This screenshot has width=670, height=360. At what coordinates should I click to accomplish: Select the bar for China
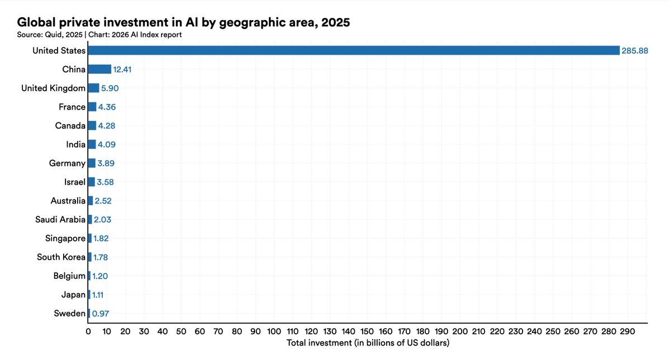99,69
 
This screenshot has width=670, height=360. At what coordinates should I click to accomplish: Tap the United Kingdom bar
93,88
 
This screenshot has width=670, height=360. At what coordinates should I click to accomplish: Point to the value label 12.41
122,70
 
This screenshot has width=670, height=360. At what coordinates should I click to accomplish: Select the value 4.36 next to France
107,107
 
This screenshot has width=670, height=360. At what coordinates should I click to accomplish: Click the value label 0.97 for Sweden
100,314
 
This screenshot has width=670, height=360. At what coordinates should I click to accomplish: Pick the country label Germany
67,163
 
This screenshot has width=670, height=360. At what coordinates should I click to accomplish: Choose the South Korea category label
61,257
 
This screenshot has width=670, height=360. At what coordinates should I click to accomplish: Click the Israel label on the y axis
75,182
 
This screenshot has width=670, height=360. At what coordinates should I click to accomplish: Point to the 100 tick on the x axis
274,331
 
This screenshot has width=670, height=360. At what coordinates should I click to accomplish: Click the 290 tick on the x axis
628,331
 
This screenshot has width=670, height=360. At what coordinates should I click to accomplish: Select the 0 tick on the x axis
88,331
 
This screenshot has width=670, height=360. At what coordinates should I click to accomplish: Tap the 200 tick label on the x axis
460,331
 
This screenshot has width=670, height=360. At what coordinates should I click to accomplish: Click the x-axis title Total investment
368,342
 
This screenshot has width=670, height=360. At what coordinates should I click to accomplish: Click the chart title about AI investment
184,22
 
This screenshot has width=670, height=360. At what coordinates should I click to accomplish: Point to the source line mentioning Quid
99,35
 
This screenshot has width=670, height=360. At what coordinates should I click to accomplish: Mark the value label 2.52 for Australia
103,201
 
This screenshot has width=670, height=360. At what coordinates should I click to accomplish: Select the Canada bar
92,126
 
